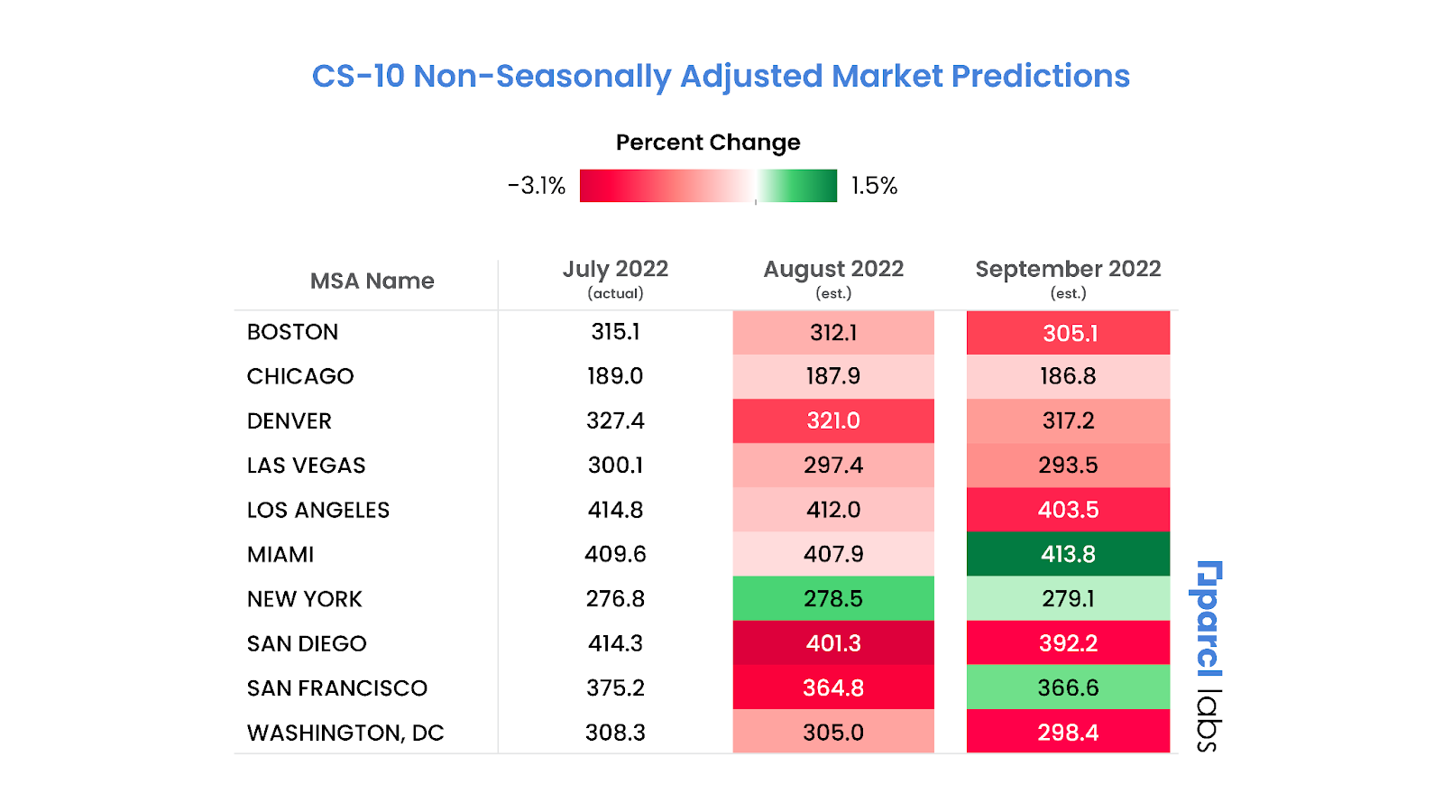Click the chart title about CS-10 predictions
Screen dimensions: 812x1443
tap(721, 76)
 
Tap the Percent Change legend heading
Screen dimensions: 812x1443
tap(708, 143)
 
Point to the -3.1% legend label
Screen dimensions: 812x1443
tap(537, 186)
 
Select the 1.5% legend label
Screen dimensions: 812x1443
tap(874, 186)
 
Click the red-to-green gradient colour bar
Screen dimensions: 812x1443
tap(708, 186)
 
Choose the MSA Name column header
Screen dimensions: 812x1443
tap(372, 281)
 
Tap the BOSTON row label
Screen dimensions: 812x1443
tap(293, 332)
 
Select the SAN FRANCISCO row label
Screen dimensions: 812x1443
tap(337, 688)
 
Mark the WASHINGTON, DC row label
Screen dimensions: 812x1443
tap(345, 733)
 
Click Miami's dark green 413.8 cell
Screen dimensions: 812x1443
tap(1068, 554)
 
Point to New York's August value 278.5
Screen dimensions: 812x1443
tap(833, 599)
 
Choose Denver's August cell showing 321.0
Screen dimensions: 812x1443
tap(833, 420)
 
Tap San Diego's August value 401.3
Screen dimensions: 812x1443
tap(833, 643)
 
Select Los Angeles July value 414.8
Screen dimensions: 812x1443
tap(615, 510)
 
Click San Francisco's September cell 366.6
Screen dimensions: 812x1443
tap(1068, 688)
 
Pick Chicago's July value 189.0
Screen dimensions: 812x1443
tap(615, 376)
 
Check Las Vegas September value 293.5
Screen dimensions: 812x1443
tap(1068, 466)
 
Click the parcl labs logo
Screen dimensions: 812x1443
tap(1208, 656)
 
